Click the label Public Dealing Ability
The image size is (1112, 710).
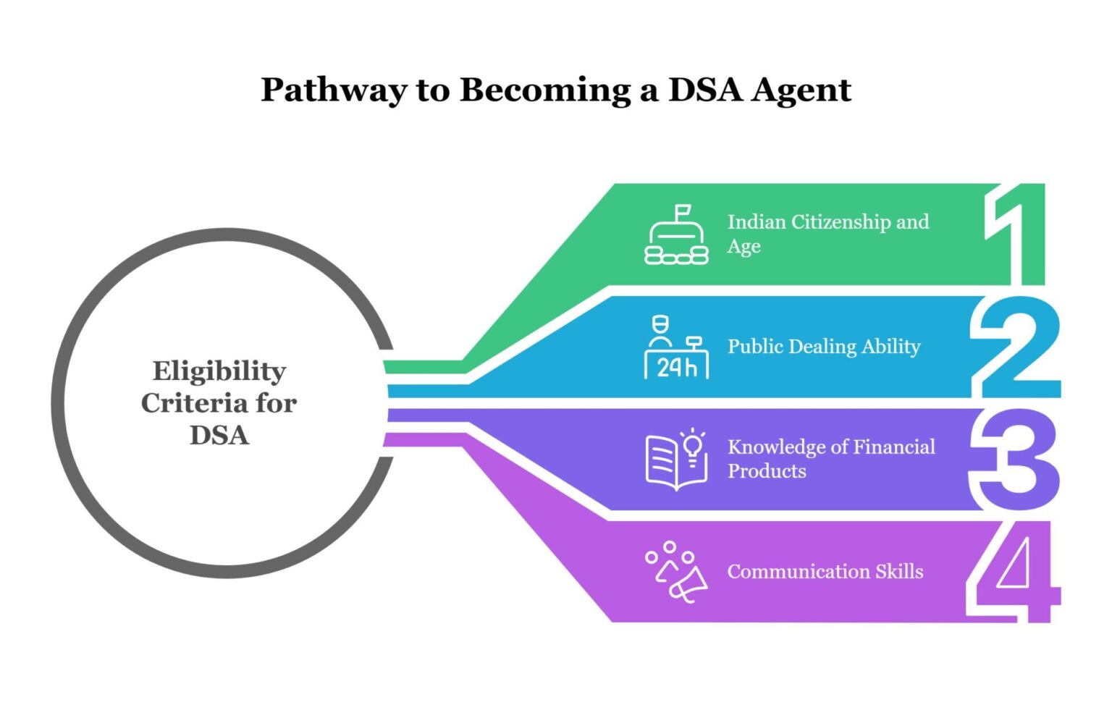pos(824,347)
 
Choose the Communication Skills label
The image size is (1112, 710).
pos(825,572)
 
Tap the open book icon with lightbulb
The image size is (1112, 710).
pos(676,460)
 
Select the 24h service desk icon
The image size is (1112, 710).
pos(676,347)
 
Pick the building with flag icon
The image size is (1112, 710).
pos(676,235)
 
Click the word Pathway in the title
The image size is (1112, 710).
pos(334,90)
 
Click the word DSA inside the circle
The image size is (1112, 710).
pos(219,436)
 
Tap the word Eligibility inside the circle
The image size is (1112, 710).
pos(219,371)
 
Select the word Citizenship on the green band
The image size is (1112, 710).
pos(841,221)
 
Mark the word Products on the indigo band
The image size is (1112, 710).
pos(767,471)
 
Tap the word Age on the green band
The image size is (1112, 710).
pos(744,247)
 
